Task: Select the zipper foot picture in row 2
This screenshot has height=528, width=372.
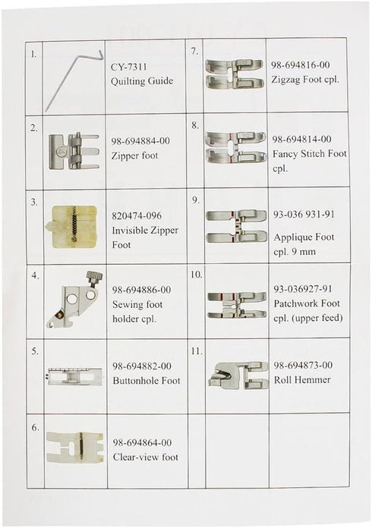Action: click(x=73, y=150)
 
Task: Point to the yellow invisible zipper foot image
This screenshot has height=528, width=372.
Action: click(x=73, y=225)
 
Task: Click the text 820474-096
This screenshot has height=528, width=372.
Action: click(x=134, y=215)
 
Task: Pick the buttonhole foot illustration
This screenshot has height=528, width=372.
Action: click(x=74, y=376)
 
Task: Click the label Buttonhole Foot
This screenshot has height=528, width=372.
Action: click(x=146, y=381)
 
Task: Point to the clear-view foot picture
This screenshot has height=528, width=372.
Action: click(x=74, y=446)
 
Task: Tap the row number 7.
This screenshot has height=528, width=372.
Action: click(x=194, y=52)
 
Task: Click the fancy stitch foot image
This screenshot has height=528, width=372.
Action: click(x=235, y=149)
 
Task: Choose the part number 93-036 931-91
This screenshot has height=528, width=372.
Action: click(x=303, y=214)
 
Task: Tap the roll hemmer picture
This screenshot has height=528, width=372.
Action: click(x=235, y=374)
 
